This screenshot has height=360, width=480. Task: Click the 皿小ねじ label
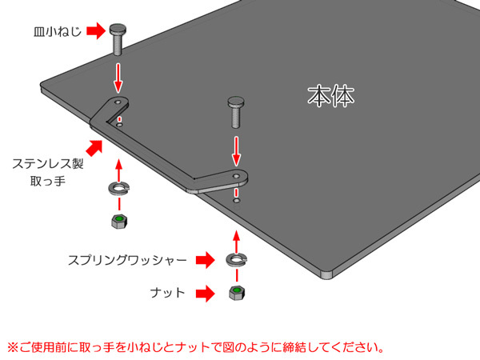coord(58,31)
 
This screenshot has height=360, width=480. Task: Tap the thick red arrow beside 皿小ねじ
coord(96,30)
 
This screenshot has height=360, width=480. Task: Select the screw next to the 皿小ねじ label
coord(118,39)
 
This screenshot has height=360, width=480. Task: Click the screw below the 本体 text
coord(236,112)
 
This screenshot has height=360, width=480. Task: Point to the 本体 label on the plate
coord(331,96)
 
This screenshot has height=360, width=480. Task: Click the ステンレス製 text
coord(48,164)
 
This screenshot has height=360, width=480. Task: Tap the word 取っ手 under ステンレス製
coord(48,182)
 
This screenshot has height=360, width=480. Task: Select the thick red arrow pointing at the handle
coord(94,148)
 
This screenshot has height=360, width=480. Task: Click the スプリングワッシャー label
coord(127,261)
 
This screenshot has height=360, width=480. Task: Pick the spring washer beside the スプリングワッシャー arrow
coord(237,260)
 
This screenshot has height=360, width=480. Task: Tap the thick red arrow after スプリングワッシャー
coord(206,260)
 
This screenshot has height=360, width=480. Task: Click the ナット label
coord(168,293)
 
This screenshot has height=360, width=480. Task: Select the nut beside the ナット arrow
coord(237,293)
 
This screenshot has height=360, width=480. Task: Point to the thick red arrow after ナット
coord(206,294)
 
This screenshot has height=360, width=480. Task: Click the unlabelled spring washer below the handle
coord(119,188)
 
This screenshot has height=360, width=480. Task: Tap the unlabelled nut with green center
coord(119,221)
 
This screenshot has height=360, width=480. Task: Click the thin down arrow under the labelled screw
coord(118,78)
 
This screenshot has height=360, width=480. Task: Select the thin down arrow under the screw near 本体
coord(236,151)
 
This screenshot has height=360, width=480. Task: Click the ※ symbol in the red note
coord(13,348)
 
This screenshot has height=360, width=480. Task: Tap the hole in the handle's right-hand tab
coord(236,176)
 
